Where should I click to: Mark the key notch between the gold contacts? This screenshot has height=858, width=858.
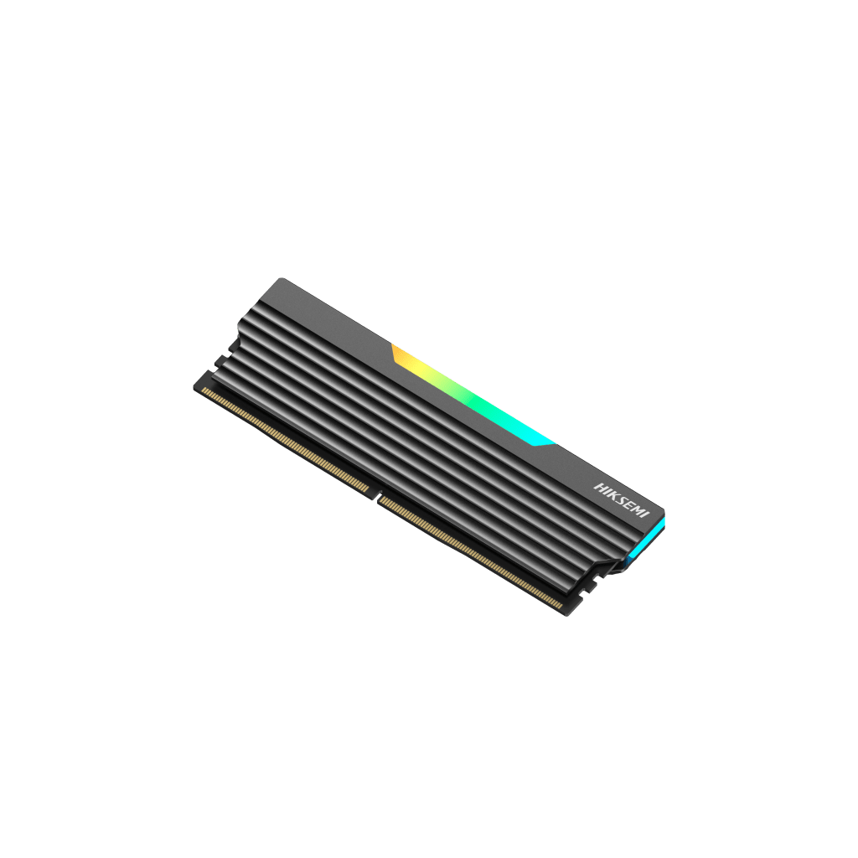coord(377,496)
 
